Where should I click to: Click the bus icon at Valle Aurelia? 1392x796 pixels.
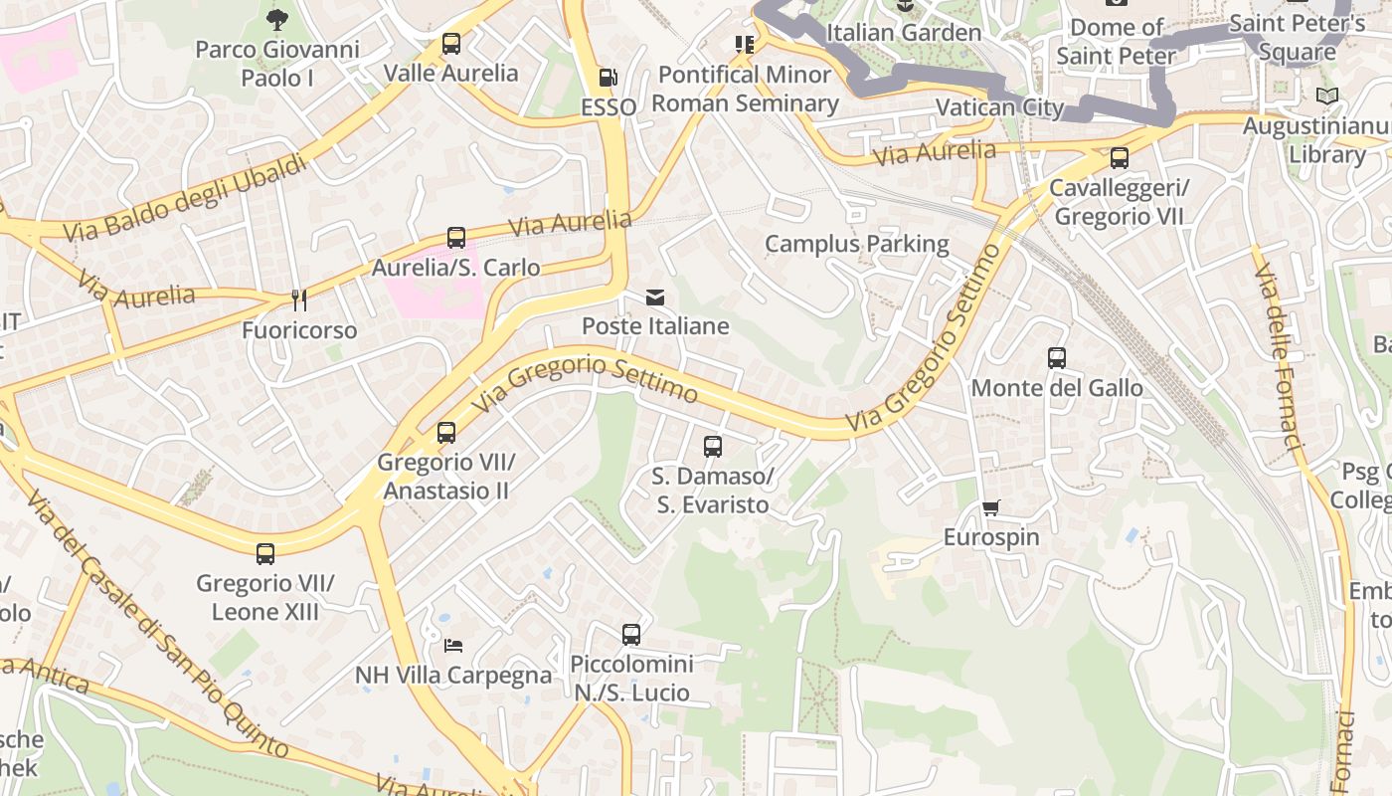click(x=451, y=44)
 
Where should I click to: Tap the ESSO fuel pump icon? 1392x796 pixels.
click(x=608, y=77)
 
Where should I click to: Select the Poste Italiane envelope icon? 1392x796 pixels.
click(x=655, y=298)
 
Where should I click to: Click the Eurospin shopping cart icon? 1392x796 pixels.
click(x=991, y=508)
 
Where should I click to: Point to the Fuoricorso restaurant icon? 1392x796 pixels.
click(x=298, y=300)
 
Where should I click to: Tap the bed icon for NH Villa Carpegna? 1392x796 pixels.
click(x=453, y=646)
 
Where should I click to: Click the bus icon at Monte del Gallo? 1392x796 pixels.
click(x=1057, y=358)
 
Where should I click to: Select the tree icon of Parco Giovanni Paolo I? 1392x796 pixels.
click(x=277, y=19)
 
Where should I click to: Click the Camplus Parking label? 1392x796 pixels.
click(x=856, y=244)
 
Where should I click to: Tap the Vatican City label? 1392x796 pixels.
click(x=1000, y=107)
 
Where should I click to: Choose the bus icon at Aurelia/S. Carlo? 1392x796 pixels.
click(x=456, y=238)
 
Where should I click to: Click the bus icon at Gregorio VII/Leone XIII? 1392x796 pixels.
click(x=265, y=554)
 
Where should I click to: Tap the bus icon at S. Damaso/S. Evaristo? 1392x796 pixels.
click(x=713, y=447)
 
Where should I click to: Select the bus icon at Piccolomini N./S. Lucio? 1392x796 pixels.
click(x=631, y=634)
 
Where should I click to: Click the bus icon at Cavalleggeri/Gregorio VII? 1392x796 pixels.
click(x=1120, y=158)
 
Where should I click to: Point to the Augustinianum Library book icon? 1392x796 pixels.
click(x=1326, y=97)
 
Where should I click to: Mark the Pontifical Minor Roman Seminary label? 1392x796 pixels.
click(x=745, y=89)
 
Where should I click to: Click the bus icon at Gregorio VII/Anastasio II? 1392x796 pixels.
click(x=446, y=433)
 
